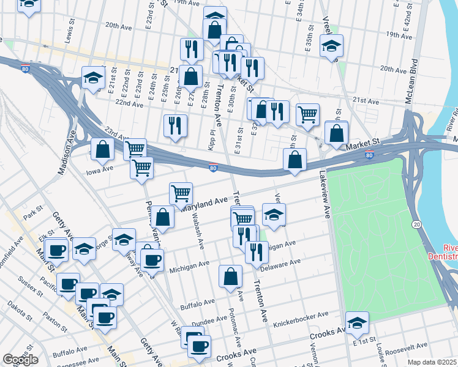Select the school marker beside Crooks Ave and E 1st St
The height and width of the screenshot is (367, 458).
tap(357, 322)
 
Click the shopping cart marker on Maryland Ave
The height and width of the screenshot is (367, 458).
tap(181, 193)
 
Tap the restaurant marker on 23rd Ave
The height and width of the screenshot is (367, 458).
tap(175, 125)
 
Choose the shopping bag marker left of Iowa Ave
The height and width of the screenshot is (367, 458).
tap(102, 148)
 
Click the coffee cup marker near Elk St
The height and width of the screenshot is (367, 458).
tap(57, 249)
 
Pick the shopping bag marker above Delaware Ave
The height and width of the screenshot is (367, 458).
tap(230, 276)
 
